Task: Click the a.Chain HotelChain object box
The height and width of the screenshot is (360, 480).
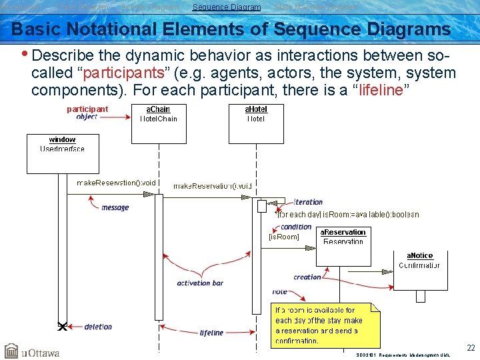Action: (x=158, y=123)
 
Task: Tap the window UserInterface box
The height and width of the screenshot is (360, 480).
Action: (x=62, y=153)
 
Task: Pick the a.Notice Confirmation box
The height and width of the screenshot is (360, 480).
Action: (x=420, y=270)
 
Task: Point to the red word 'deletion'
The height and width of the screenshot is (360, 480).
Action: (x=98, y=327)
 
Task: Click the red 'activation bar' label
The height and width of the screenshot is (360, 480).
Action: (x=200, y=283)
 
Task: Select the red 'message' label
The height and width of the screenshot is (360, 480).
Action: (x=115, y=208)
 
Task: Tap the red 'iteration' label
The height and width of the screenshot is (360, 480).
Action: (x=308, y=202)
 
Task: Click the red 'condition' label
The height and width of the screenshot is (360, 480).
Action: (x=296, y=227)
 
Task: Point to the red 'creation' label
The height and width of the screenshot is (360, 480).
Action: (x=307, y=277)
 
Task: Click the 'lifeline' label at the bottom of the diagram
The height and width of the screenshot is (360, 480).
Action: (x=211, y=333)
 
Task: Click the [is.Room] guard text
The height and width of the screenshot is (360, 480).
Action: (x=283, y=237)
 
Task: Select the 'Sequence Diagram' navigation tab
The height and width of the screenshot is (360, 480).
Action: (x=227, y=7)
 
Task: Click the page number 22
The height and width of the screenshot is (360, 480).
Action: (x=471, y=348)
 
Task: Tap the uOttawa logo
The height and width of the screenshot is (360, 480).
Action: (x=32, y=351)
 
